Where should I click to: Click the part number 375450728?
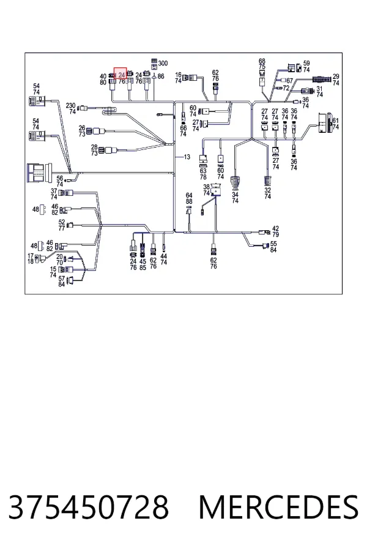89,507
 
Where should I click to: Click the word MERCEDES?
278,507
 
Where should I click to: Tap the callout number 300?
163,63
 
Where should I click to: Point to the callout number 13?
187,157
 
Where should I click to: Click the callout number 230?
70,105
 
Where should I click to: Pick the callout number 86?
161,77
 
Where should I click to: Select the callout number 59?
306,63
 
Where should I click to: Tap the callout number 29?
336,77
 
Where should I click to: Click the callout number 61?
335,121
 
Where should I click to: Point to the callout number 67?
289,81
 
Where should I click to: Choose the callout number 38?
207,187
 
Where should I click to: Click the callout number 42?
275,229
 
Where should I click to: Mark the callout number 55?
273,244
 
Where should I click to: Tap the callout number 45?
143,261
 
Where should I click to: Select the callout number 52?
62,222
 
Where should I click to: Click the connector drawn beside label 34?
235,182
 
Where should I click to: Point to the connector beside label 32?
268,181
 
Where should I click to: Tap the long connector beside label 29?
321,78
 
